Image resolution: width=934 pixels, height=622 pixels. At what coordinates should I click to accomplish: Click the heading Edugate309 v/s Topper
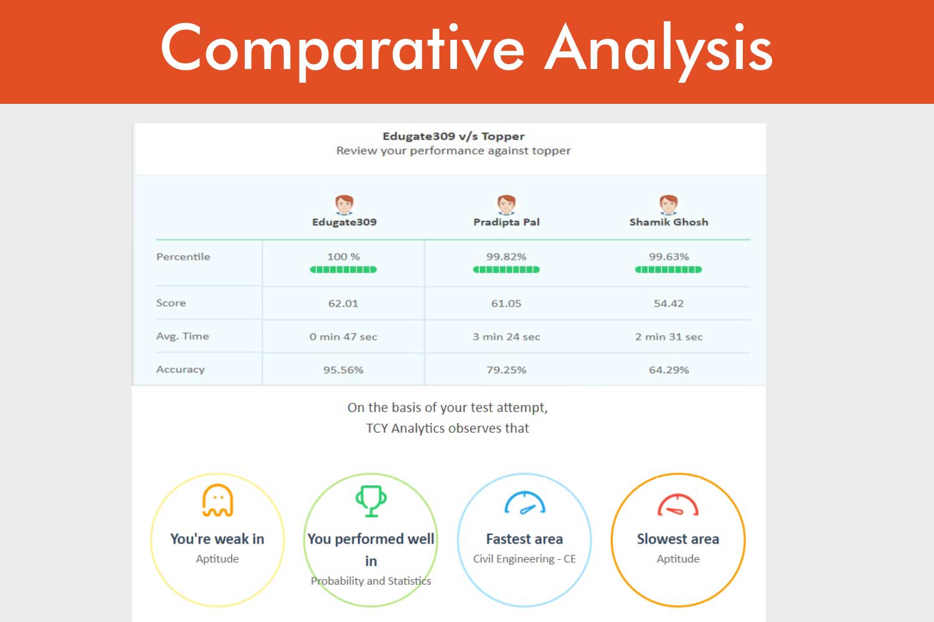[454, 136]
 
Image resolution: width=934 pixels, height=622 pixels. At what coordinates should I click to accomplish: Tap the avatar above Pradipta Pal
[507, 205]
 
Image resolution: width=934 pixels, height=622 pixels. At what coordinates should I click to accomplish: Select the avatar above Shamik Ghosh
[669, 205]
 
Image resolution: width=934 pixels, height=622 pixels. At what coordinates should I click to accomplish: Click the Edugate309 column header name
[344, 222]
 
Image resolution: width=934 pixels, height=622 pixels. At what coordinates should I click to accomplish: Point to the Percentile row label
[183, 257]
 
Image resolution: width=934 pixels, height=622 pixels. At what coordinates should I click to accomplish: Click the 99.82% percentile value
[506, 257]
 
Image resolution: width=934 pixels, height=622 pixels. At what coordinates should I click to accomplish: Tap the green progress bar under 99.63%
[668, 269]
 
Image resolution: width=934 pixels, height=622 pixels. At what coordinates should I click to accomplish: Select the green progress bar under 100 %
[343, 269]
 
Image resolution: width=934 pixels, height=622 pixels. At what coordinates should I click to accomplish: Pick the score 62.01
[343, 304]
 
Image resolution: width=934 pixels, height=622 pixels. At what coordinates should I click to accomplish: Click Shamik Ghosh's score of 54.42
[669, 304]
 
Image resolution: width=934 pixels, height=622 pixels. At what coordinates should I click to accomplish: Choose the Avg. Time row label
[182, 337]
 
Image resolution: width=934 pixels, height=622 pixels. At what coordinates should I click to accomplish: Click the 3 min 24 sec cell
[506, 337]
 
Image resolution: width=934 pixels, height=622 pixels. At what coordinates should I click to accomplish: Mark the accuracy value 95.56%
[343, 369]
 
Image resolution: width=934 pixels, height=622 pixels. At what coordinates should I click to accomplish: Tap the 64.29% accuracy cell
[669, 369]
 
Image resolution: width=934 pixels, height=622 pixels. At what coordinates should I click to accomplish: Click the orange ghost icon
[218, 500]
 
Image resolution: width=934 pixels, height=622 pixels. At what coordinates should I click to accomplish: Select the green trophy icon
[371, 501]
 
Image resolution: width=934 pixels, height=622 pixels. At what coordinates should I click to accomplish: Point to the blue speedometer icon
[524, 503]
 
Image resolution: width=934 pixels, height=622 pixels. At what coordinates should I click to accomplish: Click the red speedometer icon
[678, 504]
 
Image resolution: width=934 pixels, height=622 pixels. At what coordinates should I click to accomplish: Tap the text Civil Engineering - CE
[524, 559]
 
